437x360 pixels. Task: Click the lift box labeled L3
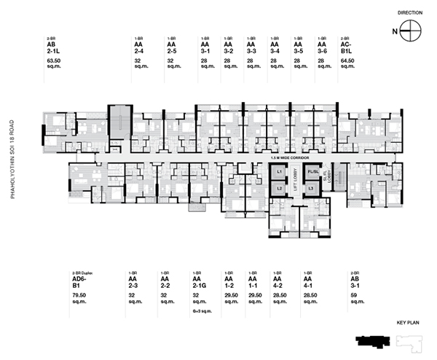tap(311, 187)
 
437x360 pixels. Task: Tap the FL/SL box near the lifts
tap(312, 171)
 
